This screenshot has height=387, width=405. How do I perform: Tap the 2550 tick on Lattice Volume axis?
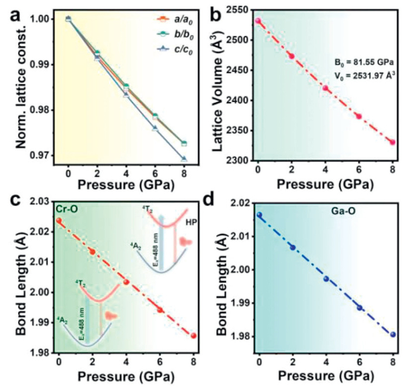[237, 10]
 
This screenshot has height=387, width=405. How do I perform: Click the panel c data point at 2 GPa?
[93, 252]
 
